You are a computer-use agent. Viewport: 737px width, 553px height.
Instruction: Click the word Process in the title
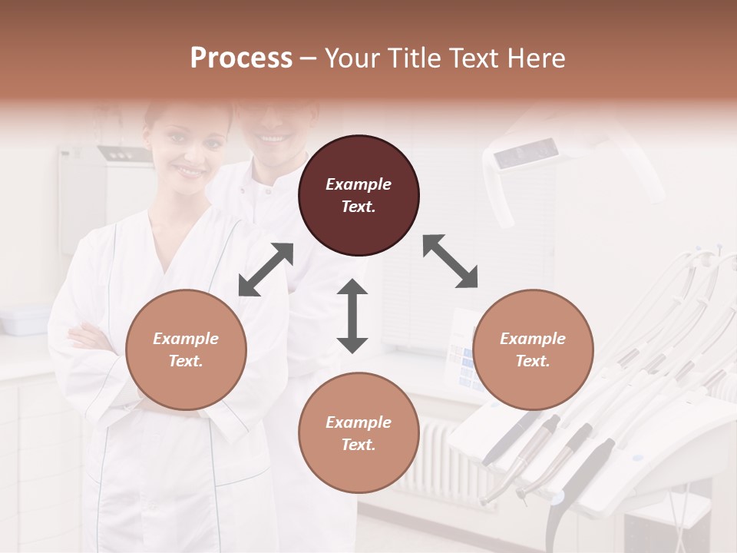pyautogui.click(x=241, y=58)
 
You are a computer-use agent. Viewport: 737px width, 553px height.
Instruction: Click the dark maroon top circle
pyautogui.click(x=359, y=195)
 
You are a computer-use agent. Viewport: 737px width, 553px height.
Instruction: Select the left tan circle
pyautogui.click(x=186, y=349)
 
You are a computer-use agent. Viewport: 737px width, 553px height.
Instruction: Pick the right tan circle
pyautogui.click(x=533, y=349)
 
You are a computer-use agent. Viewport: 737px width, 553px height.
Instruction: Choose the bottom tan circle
pyautogui.click(x=359, y=433)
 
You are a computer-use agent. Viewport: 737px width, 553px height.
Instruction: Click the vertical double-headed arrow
pyautogui.click(x=352, y=316)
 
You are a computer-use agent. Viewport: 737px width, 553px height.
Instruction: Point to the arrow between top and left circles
pyautogui.click(x=266, y=270)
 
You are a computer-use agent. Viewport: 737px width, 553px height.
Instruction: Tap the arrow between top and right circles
pyautogui.click(x=451, y=261)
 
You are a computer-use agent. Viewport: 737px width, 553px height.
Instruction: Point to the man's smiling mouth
pyautogui.click(x=269, y=138)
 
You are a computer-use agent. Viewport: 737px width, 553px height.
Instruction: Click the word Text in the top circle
pyautogui.click(x=359, y=207)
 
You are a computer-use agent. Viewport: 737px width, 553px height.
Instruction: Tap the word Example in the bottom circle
pyautogui.click(x=359, y=422)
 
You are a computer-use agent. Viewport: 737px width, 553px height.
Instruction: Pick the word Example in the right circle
pyautogui.click(x=533, y=339)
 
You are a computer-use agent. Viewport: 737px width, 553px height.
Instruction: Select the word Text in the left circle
pyautogui.click(x=186, y=361)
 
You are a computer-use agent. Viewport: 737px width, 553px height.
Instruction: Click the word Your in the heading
pyautogui.click(x=352, y=58)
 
